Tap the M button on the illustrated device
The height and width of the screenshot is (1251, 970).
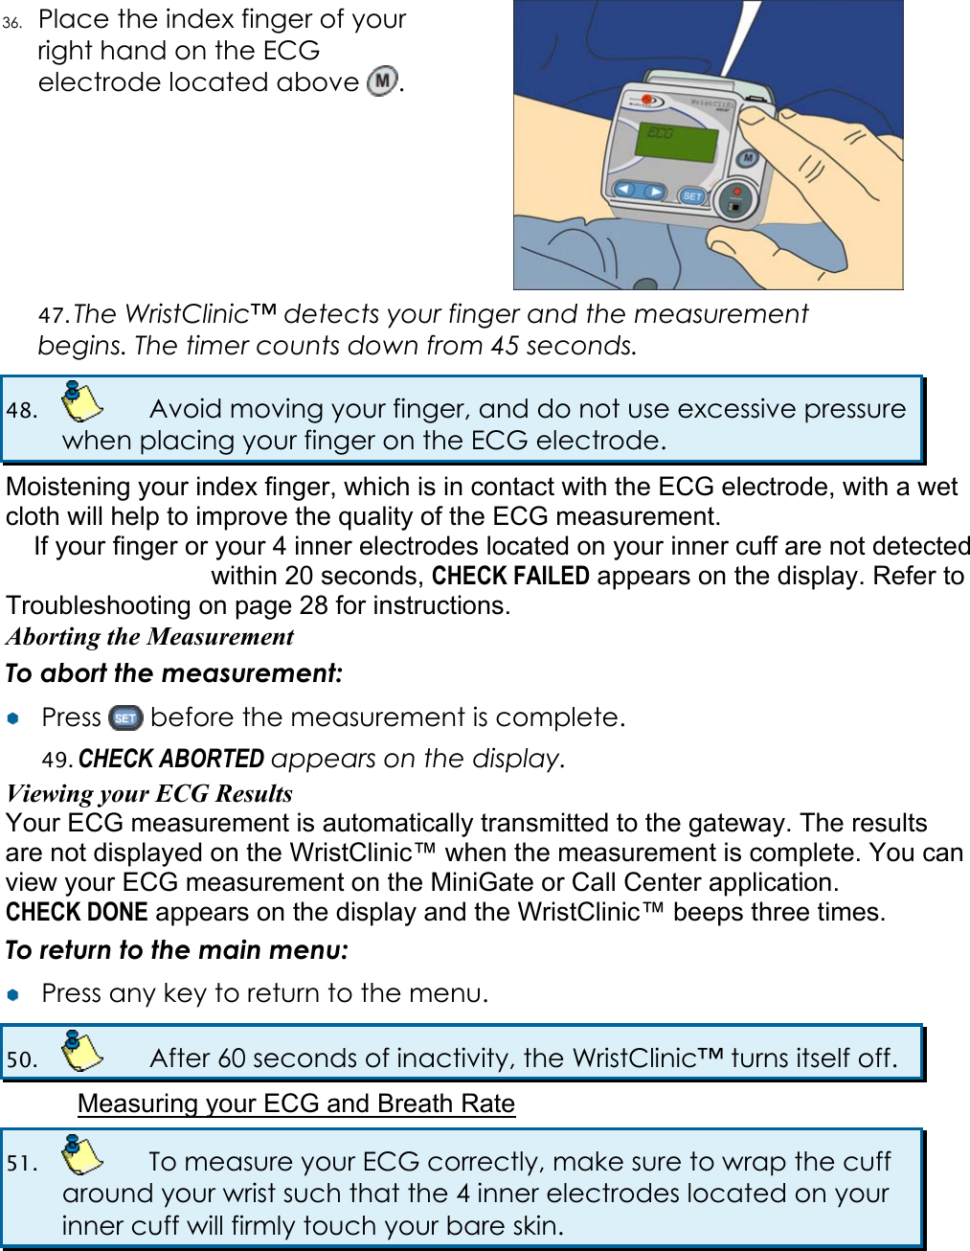point(748,158)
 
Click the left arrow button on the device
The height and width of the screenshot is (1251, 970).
point(625,190)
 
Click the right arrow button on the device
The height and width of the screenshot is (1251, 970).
point(654,193)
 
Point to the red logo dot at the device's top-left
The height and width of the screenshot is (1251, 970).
point(648,100)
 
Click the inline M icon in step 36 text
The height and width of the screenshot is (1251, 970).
point(383,81)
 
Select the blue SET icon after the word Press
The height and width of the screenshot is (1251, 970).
point(125,717)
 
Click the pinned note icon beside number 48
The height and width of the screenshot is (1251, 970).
point(81,401)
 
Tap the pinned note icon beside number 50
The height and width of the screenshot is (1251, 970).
point(81,1051)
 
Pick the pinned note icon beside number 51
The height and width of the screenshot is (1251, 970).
point(81,1154)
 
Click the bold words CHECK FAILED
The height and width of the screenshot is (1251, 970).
point(510,576)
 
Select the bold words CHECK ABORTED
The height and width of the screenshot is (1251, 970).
point(171,759)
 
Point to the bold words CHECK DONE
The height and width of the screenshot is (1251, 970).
point(77,912)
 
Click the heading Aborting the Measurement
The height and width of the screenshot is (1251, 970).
point(150,637)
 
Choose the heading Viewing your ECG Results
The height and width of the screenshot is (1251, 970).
point(149,793)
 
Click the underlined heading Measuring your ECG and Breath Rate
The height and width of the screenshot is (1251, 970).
point(296,1103)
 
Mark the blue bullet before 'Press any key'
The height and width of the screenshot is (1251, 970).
point(12,994)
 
